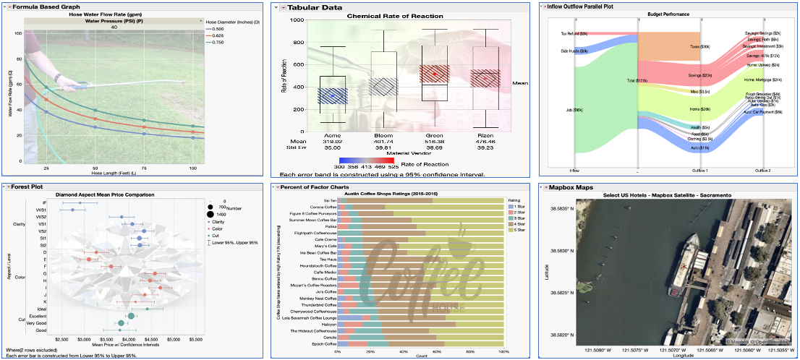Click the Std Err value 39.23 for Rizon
click(x=485, y=147)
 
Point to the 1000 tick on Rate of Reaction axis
click(x=295, y=20)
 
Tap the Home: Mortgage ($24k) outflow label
click(x=762, y=80)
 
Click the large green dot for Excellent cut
click(x=131, y=316)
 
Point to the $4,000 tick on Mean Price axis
click(x=129, y=338)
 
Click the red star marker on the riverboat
click(x=684, y=267)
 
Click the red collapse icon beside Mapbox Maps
click(x=545, y=187)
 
